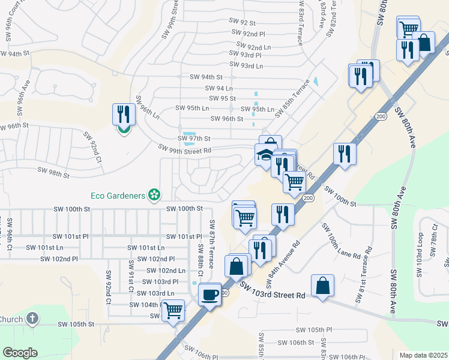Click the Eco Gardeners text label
point(119,195)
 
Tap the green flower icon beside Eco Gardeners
point(155,194)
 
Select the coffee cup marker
point(209,295)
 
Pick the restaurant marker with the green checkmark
point(124,115)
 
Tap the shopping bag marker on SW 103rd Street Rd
point(322,286)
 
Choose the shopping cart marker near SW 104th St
point(173,311)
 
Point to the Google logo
point(20,353)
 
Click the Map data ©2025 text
point(424,355)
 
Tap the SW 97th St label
point(193,139)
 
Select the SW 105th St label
point(76,324)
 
